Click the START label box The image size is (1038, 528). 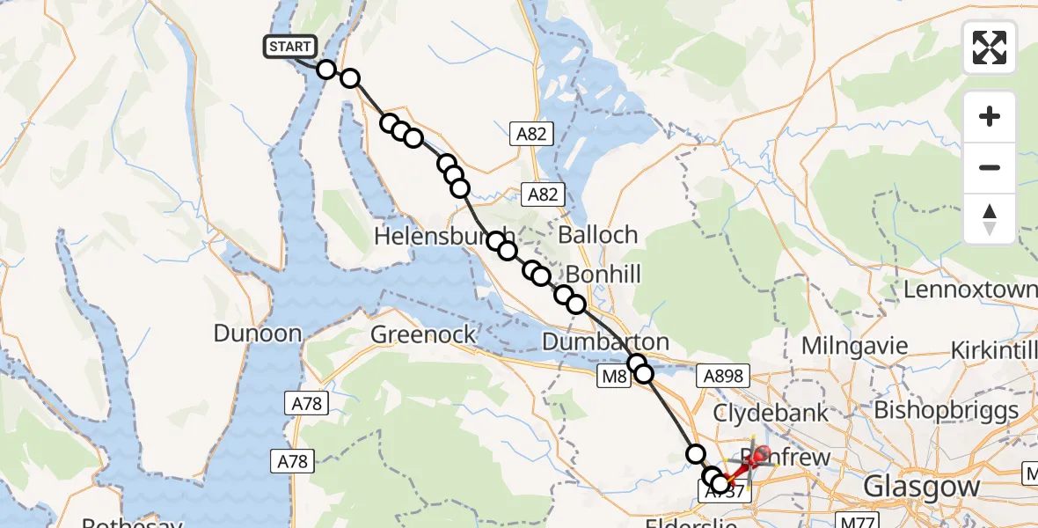290,47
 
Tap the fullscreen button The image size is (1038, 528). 990,48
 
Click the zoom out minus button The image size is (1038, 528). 990,167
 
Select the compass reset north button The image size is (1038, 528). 990,219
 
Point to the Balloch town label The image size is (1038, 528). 597,235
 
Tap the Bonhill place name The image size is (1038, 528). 603,275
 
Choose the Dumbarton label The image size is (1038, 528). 605,341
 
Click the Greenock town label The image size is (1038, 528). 424,334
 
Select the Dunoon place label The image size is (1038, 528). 258,334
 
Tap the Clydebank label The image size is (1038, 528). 771,412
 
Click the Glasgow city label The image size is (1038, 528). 921,486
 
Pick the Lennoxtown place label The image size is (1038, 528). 970,290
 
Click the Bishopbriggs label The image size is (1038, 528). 946,409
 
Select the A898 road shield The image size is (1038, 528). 722,377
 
